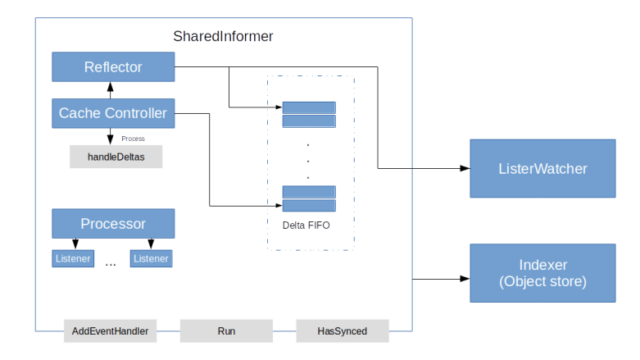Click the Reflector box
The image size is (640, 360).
(x=113, y=67)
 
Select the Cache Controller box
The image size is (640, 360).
(x=113, y=113)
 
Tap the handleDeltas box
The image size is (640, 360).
(x=116, y=157)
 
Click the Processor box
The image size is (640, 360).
(x=113, y=223)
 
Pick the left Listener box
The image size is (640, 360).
(x=74, y=258)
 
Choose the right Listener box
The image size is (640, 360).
(x=151, y=258)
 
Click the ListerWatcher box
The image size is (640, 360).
(x=542, y=168)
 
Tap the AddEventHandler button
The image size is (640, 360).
(x=111, y=331)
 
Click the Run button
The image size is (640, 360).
(x=226, y=331)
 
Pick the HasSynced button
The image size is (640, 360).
(x=343, y=331)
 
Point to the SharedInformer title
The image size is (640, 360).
(x=223, y=37)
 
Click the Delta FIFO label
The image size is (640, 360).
(x=306, y=225)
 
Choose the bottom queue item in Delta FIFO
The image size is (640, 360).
(x=309, y=198)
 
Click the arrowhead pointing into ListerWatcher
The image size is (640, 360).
(x=465, y=168)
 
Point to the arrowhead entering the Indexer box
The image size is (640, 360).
(x=465, y=279)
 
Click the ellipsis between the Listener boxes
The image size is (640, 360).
(x=111, y=264)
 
